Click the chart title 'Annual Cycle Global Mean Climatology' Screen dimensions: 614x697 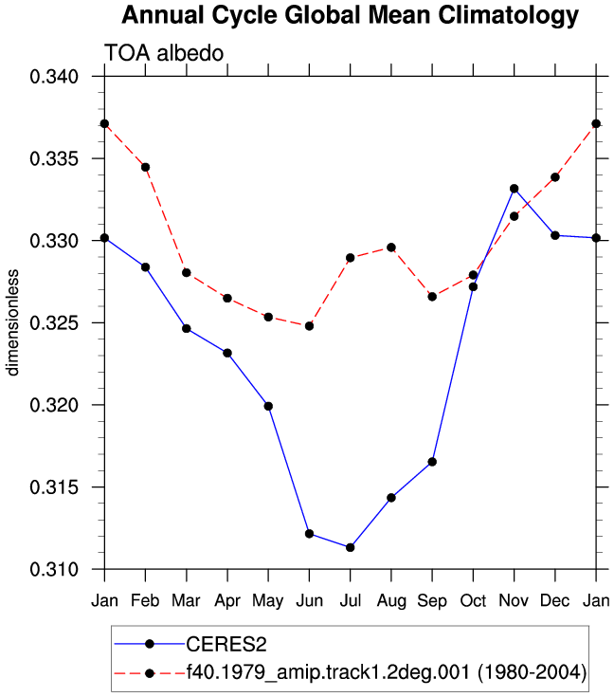[x=350, y=16]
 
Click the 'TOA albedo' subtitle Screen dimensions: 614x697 [x=164, y=53]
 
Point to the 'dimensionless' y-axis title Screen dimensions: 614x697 [x=12, y=322]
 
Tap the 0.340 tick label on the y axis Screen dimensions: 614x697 [x=54, y=77]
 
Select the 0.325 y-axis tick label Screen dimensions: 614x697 [x=54, y=323]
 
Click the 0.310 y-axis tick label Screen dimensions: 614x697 [x=54, y=569]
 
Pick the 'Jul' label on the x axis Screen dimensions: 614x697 [x=350, y=601]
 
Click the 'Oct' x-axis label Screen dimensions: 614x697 [x=473, y=601]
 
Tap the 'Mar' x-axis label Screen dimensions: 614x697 [x=186, y=601]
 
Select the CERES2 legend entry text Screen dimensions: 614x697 [x=226, y=645]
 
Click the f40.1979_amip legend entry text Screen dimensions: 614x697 [x=386, y=672]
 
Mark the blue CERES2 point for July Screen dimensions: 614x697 [x=350, y=548]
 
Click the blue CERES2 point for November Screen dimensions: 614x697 [x=515, y=189]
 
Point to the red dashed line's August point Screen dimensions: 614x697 [x=391, y=248]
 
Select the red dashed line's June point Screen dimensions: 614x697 [x=309, y=326]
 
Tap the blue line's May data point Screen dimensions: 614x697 [x=268, y=406]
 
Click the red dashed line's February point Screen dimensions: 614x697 [x=145, y=168]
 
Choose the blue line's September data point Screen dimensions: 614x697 [x=432, y=463]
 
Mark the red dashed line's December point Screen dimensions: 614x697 [x=555, y=177]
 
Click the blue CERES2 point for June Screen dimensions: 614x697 [x=309, y=534]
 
